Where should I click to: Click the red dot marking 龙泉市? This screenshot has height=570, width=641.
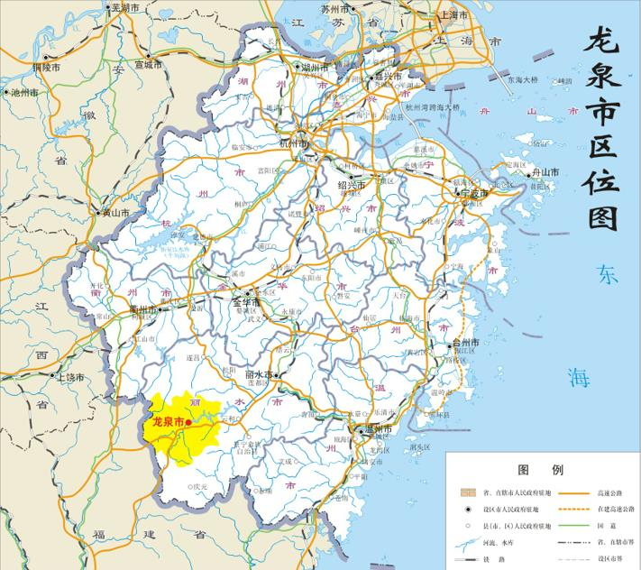tap(189, 421)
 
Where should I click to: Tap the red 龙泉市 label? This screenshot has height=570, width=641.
tap(169, 421)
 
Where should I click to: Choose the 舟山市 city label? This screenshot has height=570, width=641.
tap(544, 172)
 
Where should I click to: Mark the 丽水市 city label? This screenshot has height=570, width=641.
tap(260, 373)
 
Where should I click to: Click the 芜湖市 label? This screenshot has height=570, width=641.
tap(125, 7)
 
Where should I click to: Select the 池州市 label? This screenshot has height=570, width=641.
tap(23, 92)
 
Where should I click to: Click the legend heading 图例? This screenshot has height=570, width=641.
tap(540, 471)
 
